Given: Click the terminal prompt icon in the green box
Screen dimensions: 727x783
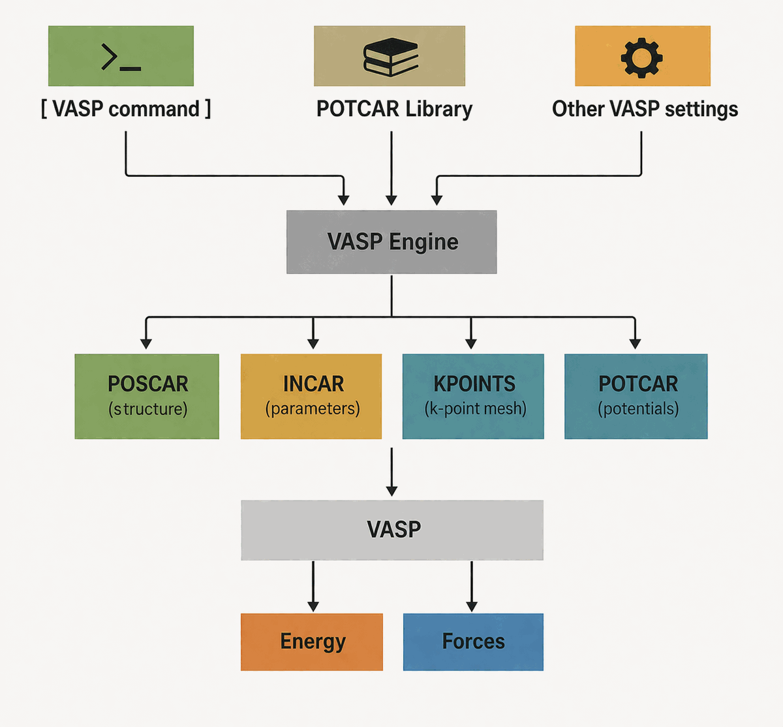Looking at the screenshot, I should (121, 57).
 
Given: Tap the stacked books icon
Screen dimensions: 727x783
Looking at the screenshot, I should (390, 57).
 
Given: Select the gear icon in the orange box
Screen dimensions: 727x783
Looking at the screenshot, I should (642, 57).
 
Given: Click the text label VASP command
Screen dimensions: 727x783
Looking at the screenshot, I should (126, 108).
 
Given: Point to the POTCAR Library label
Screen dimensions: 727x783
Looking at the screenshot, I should (394, 108).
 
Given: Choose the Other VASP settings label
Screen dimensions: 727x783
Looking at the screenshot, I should (645, 108).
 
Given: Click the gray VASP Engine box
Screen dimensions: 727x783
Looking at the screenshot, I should (391, 242).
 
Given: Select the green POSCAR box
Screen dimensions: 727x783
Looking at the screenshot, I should (147, 396).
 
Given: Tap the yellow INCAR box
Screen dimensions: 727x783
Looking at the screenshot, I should (311, 396).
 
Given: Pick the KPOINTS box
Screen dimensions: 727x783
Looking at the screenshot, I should (473, 396).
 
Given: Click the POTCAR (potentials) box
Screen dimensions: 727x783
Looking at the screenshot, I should (636, 396).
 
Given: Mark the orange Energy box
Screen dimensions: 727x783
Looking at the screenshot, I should (312, 642).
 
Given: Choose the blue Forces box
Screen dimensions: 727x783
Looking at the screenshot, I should (473, 642).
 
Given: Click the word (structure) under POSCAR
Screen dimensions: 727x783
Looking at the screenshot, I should (148, 409).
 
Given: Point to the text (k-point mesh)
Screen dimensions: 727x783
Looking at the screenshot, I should (475, 409).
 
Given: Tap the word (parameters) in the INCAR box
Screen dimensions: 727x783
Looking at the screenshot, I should (313, 409).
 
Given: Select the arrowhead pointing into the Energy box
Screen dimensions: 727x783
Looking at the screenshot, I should (313, 606).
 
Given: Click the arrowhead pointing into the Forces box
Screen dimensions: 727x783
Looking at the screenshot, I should (472, 606).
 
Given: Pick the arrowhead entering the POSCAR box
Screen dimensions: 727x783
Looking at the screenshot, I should (146, 343).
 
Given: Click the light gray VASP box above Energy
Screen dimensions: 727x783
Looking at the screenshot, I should (392, 530).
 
